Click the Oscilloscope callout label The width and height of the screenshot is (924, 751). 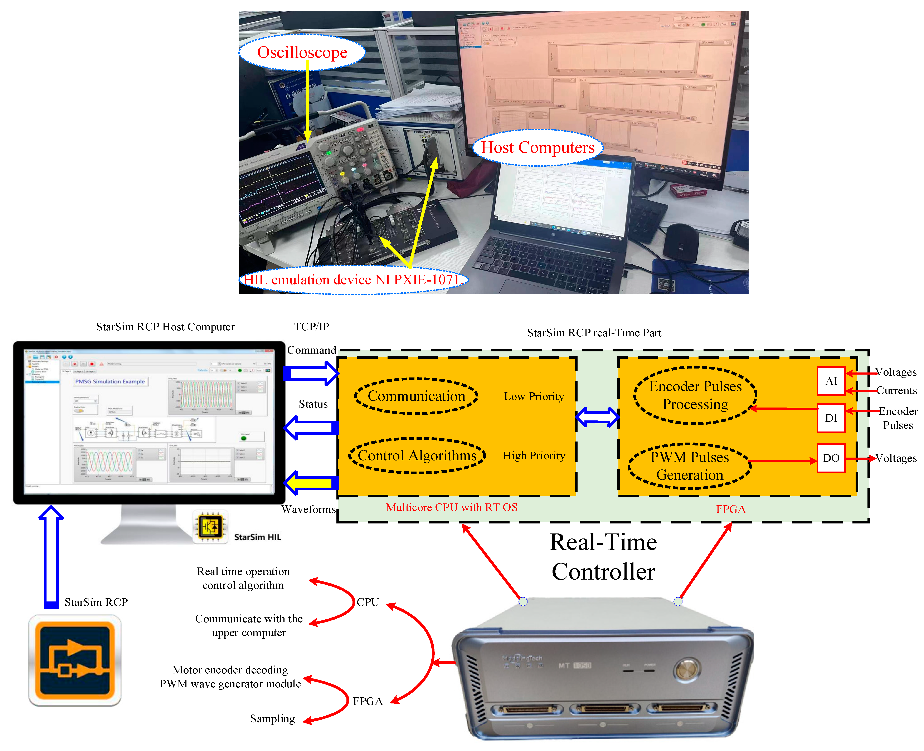click(302, 52)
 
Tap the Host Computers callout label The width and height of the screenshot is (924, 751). click(538, 147)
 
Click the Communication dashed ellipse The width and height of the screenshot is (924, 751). click(416, 396)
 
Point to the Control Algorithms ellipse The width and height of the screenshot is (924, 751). click(417, 455)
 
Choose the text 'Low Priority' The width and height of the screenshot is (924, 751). click(534, 396)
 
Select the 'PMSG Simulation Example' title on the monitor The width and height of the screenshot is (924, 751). click(110, 382)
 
